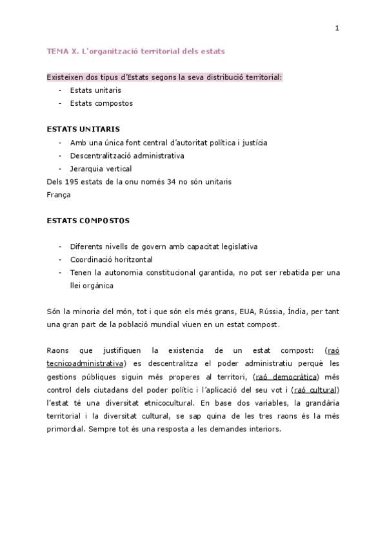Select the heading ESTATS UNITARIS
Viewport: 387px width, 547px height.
point(83,129)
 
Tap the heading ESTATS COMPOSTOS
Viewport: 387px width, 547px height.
point(88,221)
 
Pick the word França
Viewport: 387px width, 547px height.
point(58,194)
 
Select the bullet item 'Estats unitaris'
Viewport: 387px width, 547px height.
point(95,90)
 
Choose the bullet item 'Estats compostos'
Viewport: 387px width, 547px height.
point(101,103)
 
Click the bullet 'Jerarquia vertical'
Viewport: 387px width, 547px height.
point(101,168)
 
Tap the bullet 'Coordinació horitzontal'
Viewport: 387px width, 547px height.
point(111,259)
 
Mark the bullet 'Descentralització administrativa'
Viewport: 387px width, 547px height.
point(127,155)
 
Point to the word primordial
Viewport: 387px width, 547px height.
point(64,428)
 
